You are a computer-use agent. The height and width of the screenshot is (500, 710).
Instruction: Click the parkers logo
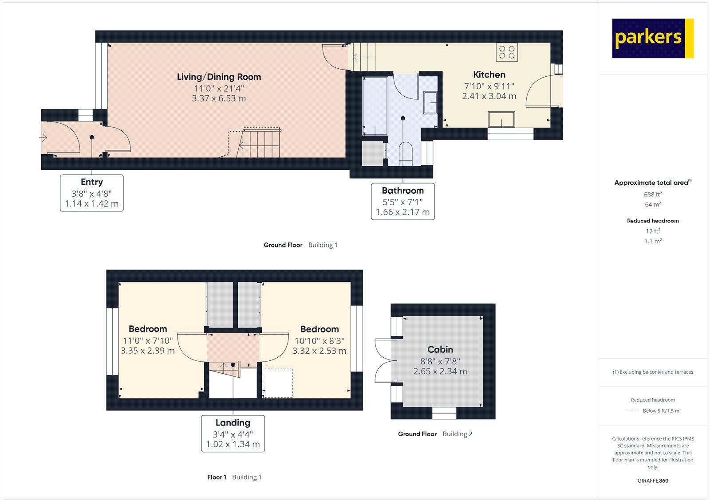652,38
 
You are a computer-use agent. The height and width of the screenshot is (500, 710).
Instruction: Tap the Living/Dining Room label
219,77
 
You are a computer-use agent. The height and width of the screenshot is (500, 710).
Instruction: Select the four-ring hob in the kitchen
507,52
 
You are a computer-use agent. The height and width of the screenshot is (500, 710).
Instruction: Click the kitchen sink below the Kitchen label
501,119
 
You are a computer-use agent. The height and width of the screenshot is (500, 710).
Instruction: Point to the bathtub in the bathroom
375,105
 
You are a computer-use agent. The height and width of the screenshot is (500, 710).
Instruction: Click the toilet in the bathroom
406,152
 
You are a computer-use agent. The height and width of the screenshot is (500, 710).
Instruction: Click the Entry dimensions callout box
92,193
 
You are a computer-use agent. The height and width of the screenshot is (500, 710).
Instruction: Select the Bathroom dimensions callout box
402,202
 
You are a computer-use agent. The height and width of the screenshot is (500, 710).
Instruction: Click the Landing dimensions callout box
233,434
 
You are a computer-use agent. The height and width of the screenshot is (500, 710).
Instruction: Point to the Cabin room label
440,349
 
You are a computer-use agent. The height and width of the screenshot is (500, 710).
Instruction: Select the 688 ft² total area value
653,194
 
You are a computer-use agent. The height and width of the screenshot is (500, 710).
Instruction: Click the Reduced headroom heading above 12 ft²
653,221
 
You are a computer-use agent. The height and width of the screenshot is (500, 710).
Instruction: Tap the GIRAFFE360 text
653,480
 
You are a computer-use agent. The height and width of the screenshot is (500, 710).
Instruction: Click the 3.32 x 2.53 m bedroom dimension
319,351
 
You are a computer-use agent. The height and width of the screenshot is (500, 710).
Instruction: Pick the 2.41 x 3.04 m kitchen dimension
489,96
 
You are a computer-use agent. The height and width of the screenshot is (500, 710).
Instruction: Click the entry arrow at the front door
43,138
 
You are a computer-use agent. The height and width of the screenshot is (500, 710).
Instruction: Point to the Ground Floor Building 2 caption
435,434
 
